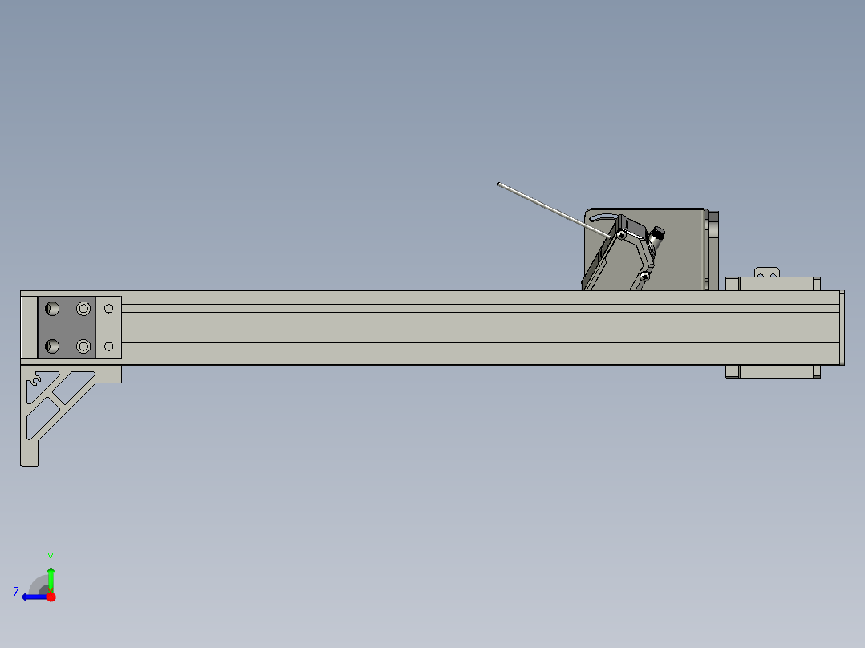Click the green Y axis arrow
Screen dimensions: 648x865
pyautogui.click(x=51, y=577)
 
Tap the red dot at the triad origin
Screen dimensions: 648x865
pyautogui.click(x=51, y=597)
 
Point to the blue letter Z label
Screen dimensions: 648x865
pyautogui.click(x=16, y=592)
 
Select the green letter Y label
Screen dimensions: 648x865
pyautogui.click(x=50, y=557)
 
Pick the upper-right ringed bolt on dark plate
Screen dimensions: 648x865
pyautogui.click(x=83, y=308)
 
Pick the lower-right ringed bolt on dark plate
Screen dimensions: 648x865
pyautogui.click(x=83, y=346)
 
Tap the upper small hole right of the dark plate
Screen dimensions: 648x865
pyautogui.click(x=109, y=308)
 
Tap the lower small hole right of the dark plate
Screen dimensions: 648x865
pyautogui.click(x=109, y=346)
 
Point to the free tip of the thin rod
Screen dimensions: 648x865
pyautogui.click(x=499, y=185)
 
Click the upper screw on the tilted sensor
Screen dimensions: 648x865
pyautogui.click(x=622, y=234)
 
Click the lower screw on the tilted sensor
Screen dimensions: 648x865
pyautogui.click(x=647, y=275)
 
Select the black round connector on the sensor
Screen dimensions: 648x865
pyautogui.click(x=658, y=233)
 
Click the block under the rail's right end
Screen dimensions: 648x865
pyautogui.click(x=773, y=371)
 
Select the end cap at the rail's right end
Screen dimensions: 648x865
pyautogui.click(x=841, y=327)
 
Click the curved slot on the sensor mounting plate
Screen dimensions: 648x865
pyautogui.click(x=602, y=216)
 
